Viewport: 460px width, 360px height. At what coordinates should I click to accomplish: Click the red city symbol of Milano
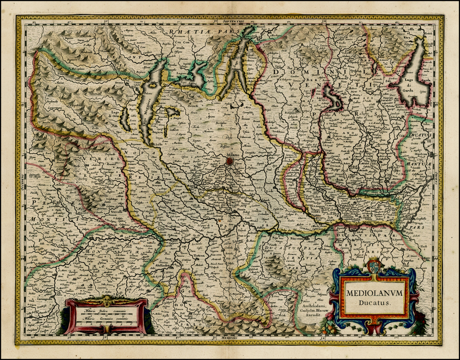[x=230, y=161]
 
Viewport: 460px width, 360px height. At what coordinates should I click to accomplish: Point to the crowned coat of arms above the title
[x=374, y=266]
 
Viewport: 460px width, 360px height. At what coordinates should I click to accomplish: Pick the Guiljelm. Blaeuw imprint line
[x=316, y=309]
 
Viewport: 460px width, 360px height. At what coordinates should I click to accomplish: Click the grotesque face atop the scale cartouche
[x=106, y=300]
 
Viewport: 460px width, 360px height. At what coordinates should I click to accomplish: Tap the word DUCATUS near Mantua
[x=420, y=135]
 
